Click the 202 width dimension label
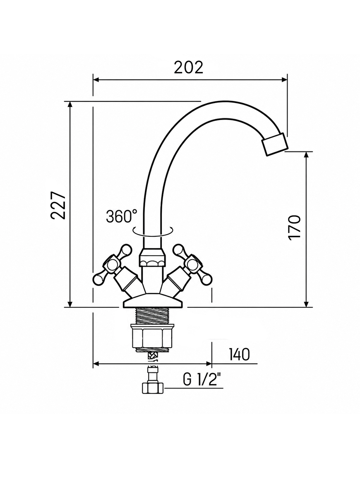coord(189,67)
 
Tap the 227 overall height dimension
coord(58,205)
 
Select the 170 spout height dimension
coord(295,227)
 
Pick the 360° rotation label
coord(122,216)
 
